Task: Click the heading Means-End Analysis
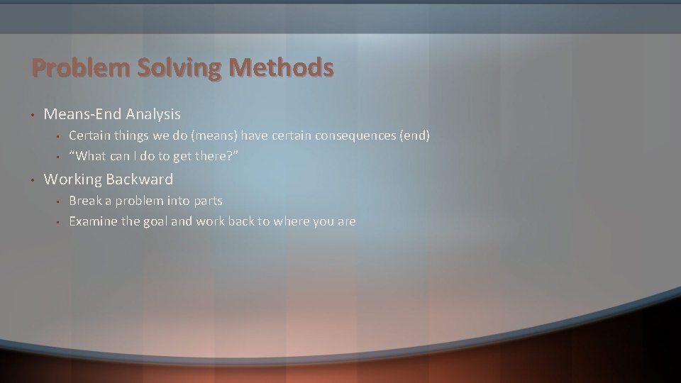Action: [x=112, y=113]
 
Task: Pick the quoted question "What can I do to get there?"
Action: [x=153, y=155]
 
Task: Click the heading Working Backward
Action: [x=108, y=179]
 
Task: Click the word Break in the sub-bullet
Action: [x=84, y=201]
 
